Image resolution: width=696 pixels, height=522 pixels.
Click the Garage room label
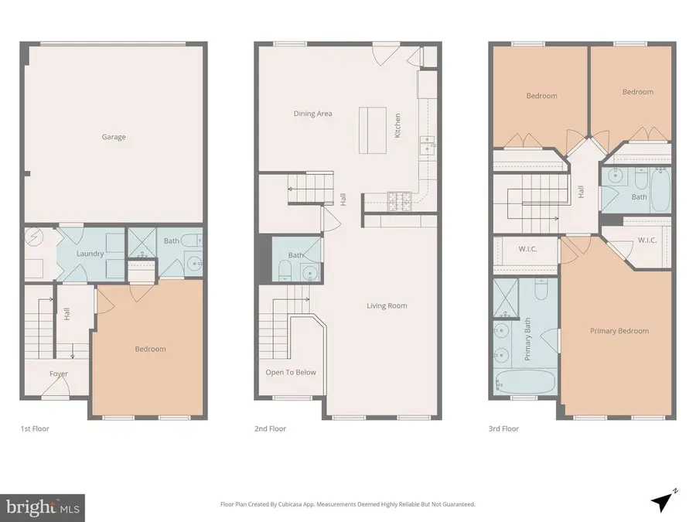coord(114,137)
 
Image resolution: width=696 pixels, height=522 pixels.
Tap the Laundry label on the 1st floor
coord(90,253)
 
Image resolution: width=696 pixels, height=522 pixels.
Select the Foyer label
coord(59,374)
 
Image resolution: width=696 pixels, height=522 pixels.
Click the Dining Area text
coord(312,114)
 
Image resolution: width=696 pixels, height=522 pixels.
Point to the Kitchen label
coord(398,125)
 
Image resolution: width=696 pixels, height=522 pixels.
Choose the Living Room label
coord(387,305)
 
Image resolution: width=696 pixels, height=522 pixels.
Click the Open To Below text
coord(291,372)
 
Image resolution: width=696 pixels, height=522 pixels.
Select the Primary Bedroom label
coord(619,331)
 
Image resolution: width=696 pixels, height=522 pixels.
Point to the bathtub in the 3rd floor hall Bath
coord(660,189)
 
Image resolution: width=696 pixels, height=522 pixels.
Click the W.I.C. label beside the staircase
coord(528,248)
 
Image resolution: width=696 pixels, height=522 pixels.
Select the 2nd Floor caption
coord(271,428)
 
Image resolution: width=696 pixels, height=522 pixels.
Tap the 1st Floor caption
coord(35,428)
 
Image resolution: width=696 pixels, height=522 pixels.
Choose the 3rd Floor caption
coord(503,428)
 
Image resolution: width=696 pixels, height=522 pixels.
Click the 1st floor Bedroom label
coord(150,349)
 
